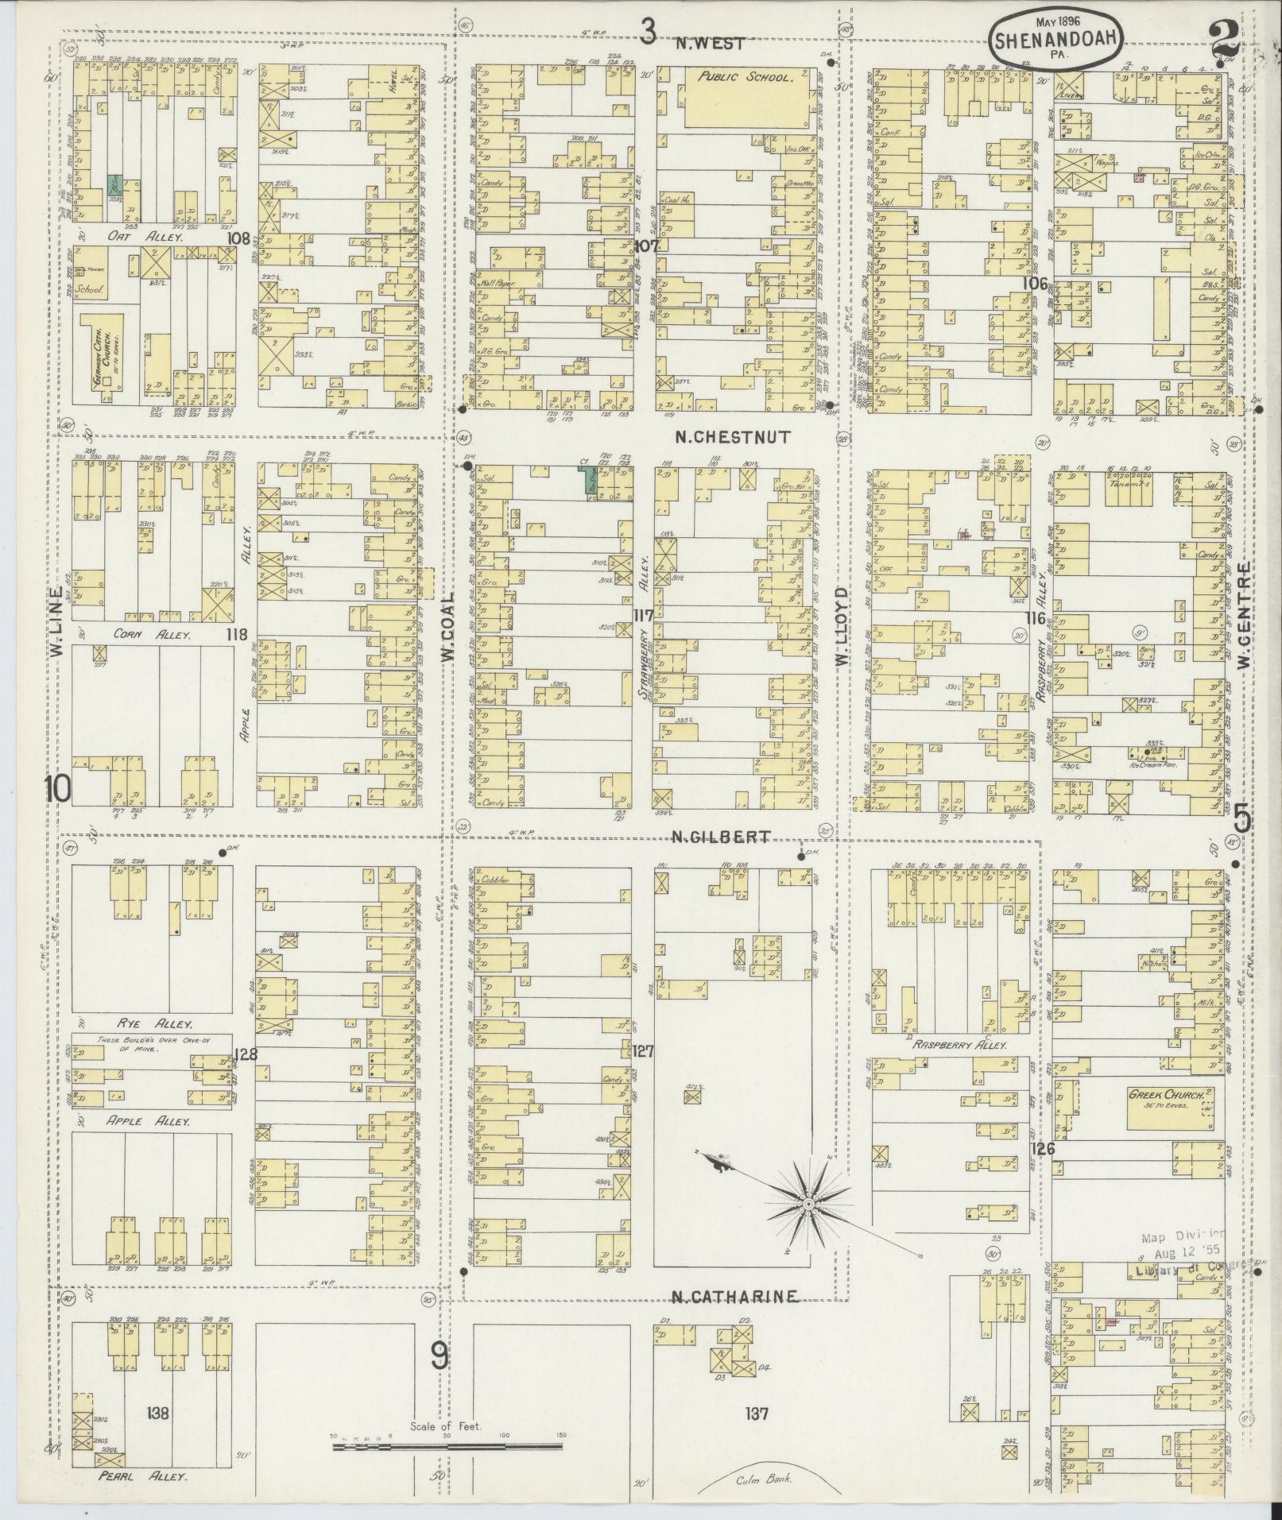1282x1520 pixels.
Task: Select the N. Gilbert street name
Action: [x=721, y=836]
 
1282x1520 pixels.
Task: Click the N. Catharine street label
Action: [x=734, y=1298]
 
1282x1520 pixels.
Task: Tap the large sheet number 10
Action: [x=58, y=789]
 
